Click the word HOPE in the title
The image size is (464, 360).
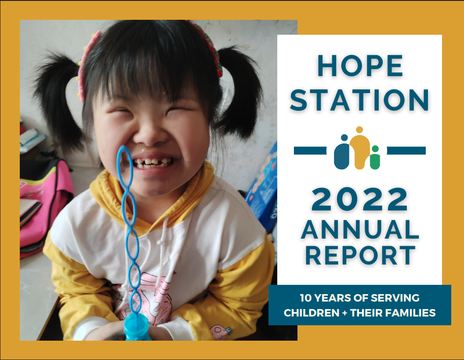click(x=360, y=66)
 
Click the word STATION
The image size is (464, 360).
click(x=359, y=100)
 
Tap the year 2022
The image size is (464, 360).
click(x=359, y=199)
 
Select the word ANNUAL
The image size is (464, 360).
click(x=360, y=229)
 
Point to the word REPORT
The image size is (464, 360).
click(x=360, y=255)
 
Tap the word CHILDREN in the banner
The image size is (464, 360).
click(x=311, y=313)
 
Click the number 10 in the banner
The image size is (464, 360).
click(x=306, y=298)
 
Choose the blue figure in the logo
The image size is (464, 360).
click(x=342, y=153)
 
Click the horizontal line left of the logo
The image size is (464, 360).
click(x=310, y=151)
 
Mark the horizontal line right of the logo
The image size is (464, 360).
click(x=406, y=151)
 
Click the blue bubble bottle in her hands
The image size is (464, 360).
click(x=136, y=327)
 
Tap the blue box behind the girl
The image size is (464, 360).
click(x=263, y=189)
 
